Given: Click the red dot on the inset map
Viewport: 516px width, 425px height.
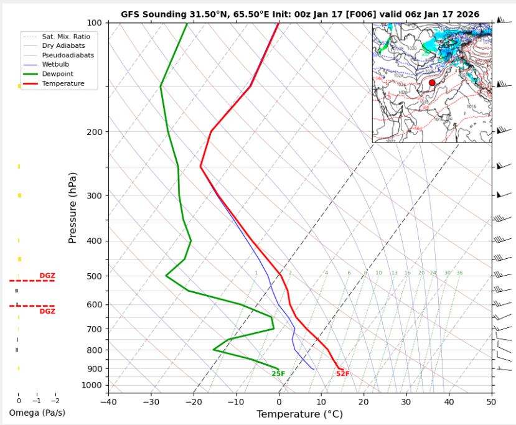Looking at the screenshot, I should (x=432, y=83).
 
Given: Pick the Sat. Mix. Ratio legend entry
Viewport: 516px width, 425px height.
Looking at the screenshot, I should (x=65, y=37).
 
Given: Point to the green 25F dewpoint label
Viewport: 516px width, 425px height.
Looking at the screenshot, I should (x=278, y=374).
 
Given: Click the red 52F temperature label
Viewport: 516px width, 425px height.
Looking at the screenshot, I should (x=342, y=374).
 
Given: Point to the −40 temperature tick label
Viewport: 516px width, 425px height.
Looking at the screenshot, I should (x=108, y=401).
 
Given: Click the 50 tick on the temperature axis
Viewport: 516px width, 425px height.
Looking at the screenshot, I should (x=492, y=401).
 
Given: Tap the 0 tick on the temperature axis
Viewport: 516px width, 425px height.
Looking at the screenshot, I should (x=279, y=401).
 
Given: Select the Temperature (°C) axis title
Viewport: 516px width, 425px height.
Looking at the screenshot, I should (x=299, y=414).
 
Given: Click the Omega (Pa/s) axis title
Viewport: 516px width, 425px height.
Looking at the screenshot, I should (x=37, y=413).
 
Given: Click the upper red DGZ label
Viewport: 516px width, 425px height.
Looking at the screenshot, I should (x=47, y=276).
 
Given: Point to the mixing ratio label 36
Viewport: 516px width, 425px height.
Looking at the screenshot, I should (x=459, y=273).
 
